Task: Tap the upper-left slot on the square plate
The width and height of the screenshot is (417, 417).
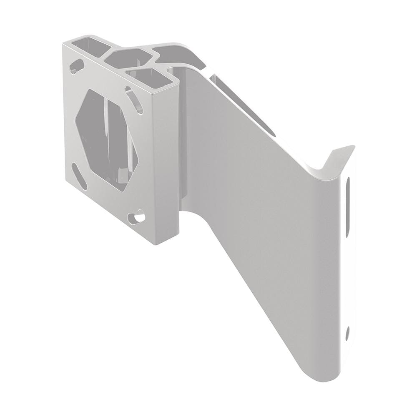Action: [76, 66]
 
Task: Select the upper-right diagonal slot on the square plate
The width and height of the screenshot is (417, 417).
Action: [135, 100]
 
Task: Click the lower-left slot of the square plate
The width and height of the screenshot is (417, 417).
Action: [79, 175]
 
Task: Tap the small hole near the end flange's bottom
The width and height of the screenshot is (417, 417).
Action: [347, 332]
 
